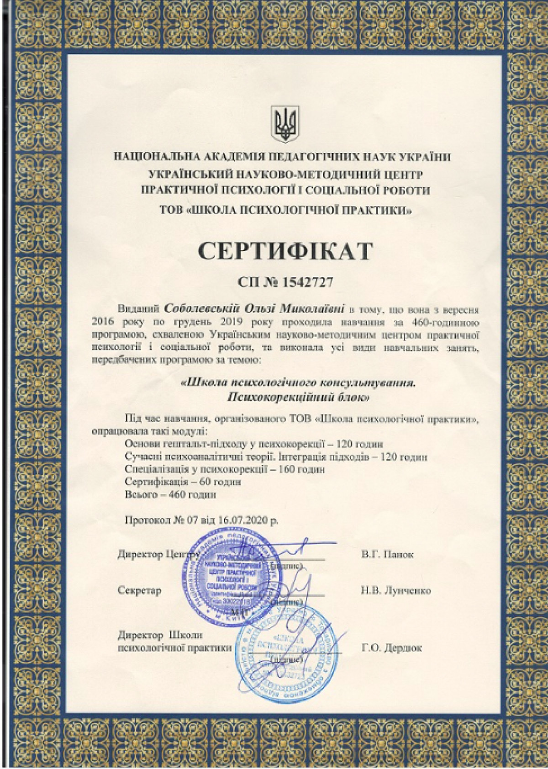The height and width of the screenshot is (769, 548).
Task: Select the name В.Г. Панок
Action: (387, 554)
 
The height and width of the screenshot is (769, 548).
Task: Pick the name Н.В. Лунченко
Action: (395, 590)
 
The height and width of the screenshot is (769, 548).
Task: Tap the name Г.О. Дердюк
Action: (391, 647)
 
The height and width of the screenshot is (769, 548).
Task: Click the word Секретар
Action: (139, 590)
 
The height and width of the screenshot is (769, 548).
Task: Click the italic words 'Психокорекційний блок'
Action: (298, 397)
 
